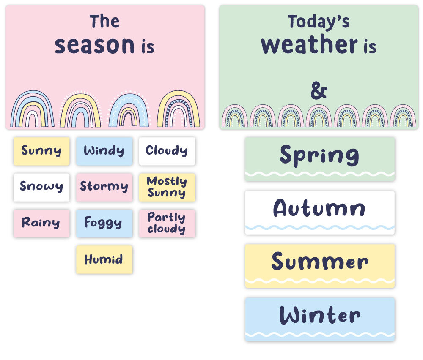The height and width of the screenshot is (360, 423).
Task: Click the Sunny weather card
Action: (41, 151)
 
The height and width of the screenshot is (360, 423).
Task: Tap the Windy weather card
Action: (104, 151)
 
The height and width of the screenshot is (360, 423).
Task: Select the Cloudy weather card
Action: (167, 151)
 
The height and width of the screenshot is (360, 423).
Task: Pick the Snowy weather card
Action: (41, 187)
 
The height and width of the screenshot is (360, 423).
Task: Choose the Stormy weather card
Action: (104, 187)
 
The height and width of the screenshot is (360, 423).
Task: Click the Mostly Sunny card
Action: (167, 187)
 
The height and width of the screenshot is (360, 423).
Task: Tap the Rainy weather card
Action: (41, 224)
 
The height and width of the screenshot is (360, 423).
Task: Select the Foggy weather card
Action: (104, 224)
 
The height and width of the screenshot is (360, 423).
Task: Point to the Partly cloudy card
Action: (167, 224)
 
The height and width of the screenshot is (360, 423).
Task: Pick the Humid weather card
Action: (104, 259)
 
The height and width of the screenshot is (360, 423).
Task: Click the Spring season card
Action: (320, 159)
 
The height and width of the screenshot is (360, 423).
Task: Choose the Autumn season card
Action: (320, 213)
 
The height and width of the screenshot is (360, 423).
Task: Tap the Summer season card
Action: (320, 266)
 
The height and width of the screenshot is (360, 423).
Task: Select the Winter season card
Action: (320, 319)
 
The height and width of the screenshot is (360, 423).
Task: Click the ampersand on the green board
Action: (319, 91)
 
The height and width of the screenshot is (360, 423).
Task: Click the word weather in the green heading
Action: (310, 44)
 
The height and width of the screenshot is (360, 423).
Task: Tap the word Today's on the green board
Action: (319, 22)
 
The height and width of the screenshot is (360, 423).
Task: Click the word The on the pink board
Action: (104, 21)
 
